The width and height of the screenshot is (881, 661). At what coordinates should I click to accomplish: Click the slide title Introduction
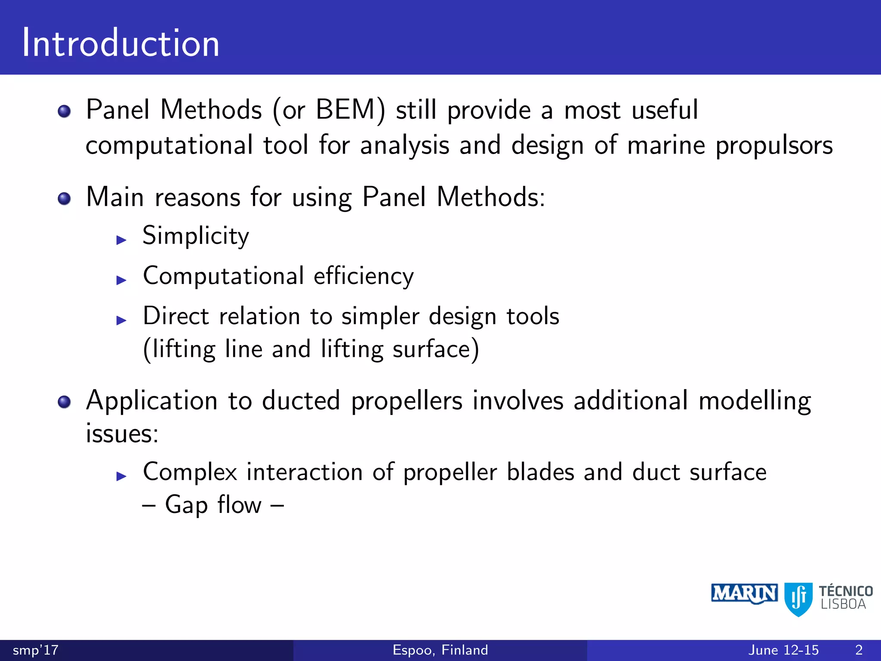click(121, 43)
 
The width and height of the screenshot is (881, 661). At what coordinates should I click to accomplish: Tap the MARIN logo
click(744, 594)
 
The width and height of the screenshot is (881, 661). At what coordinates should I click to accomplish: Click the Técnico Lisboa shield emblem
click(798, 599)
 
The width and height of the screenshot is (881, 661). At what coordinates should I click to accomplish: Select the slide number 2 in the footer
click(859, 650)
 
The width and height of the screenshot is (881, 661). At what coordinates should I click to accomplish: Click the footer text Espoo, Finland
click(440, 650)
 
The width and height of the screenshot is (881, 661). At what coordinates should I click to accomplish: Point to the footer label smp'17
click(36, 650)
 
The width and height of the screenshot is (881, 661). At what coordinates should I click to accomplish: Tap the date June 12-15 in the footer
click(783, 650)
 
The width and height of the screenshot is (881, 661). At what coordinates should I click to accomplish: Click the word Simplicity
click(196, 236)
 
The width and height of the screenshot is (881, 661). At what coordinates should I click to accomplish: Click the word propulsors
click(774, 145)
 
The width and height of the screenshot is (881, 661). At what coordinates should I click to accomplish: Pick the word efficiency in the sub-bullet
click(363, 276)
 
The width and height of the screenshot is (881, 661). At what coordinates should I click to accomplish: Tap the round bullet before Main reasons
click(64, 199)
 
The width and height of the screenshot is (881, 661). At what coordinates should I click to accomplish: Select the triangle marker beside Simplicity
click(121, 240)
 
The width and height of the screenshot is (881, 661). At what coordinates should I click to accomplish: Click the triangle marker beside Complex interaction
click(121, 476)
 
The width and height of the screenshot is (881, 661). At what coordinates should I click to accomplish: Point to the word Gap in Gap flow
click(186, 505)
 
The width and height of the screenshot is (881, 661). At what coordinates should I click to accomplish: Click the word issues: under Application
click(122, 433)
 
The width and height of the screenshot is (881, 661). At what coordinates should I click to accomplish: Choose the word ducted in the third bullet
click(301, 401)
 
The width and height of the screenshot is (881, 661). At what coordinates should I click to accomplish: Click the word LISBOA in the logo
click(843, 604)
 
